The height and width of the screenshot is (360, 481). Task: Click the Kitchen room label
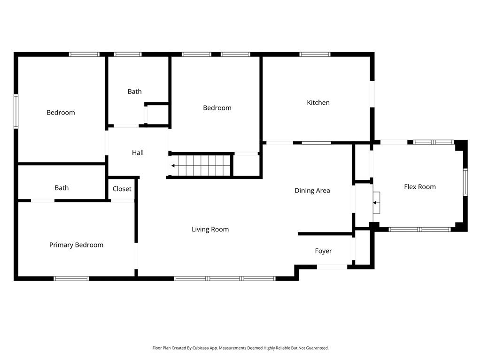coord(318,102)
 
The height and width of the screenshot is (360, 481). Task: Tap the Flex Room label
coord(419,187)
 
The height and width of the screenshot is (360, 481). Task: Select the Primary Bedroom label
coord(76,245)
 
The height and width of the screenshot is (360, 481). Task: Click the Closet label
coord(122,189)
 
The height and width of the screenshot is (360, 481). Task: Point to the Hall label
coord(138,153)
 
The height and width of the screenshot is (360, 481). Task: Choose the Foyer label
coord(323,251)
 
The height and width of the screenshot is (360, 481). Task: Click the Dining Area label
coord(312,191)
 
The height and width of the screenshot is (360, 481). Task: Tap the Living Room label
coord(210,230)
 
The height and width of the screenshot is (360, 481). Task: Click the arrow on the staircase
coord(174,166)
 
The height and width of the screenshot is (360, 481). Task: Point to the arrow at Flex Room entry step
coord(375,203)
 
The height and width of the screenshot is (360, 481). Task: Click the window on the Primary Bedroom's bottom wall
coord(71,278)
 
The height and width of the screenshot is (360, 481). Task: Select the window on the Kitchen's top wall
coord(315,54)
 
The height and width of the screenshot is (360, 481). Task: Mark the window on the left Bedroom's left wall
coord(16,111)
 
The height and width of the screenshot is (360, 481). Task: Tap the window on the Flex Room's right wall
coord(465,182)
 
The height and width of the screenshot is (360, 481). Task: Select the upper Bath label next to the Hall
coord(134,92)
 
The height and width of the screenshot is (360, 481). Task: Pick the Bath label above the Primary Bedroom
coord(62,188)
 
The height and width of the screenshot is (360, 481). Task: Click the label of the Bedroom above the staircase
coord(217,108)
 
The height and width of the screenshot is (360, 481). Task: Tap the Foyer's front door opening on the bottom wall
coord(332,267)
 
